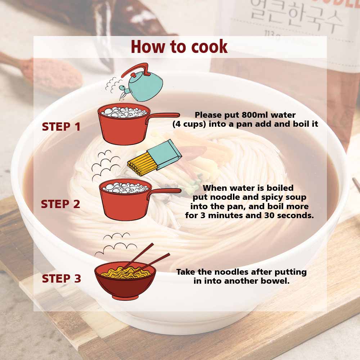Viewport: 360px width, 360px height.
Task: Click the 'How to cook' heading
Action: point(179,46)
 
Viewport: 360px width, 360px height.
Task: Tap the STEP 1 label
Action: point(61,127)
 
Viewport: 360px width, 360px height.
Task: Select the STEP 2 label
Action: point(60,204)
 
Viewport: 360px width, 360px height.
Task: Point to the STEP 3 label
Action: point(61,279)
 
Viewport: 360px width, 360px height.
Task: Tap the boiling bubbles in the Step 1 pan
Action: point(124,112)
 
